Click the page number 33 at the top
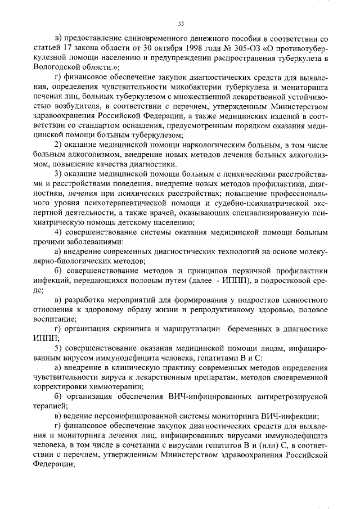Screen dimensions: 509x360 pyautogui.click(x=181, y=24)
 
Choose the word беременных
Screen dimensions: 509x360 pyautogui.click(x=253, y=329)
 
